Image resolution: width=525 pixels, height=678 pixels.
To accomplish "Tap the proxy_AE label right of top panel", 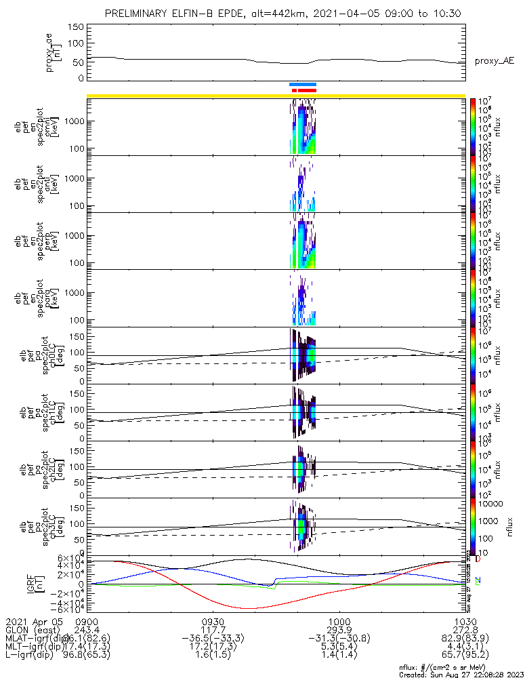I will coord(494,61).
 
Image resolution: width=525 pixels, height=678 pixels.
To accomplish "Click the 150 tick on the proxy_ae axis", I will coord(77,26).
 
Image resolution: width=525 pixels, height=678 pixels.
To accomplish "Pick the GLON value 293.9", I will coord(339,631).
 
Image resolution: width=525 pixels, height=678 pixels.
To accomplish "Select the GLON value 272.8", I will coord(465,631).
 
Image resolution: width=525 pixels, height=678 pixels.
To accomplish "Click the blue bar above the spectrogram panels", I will coord(303,84).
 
